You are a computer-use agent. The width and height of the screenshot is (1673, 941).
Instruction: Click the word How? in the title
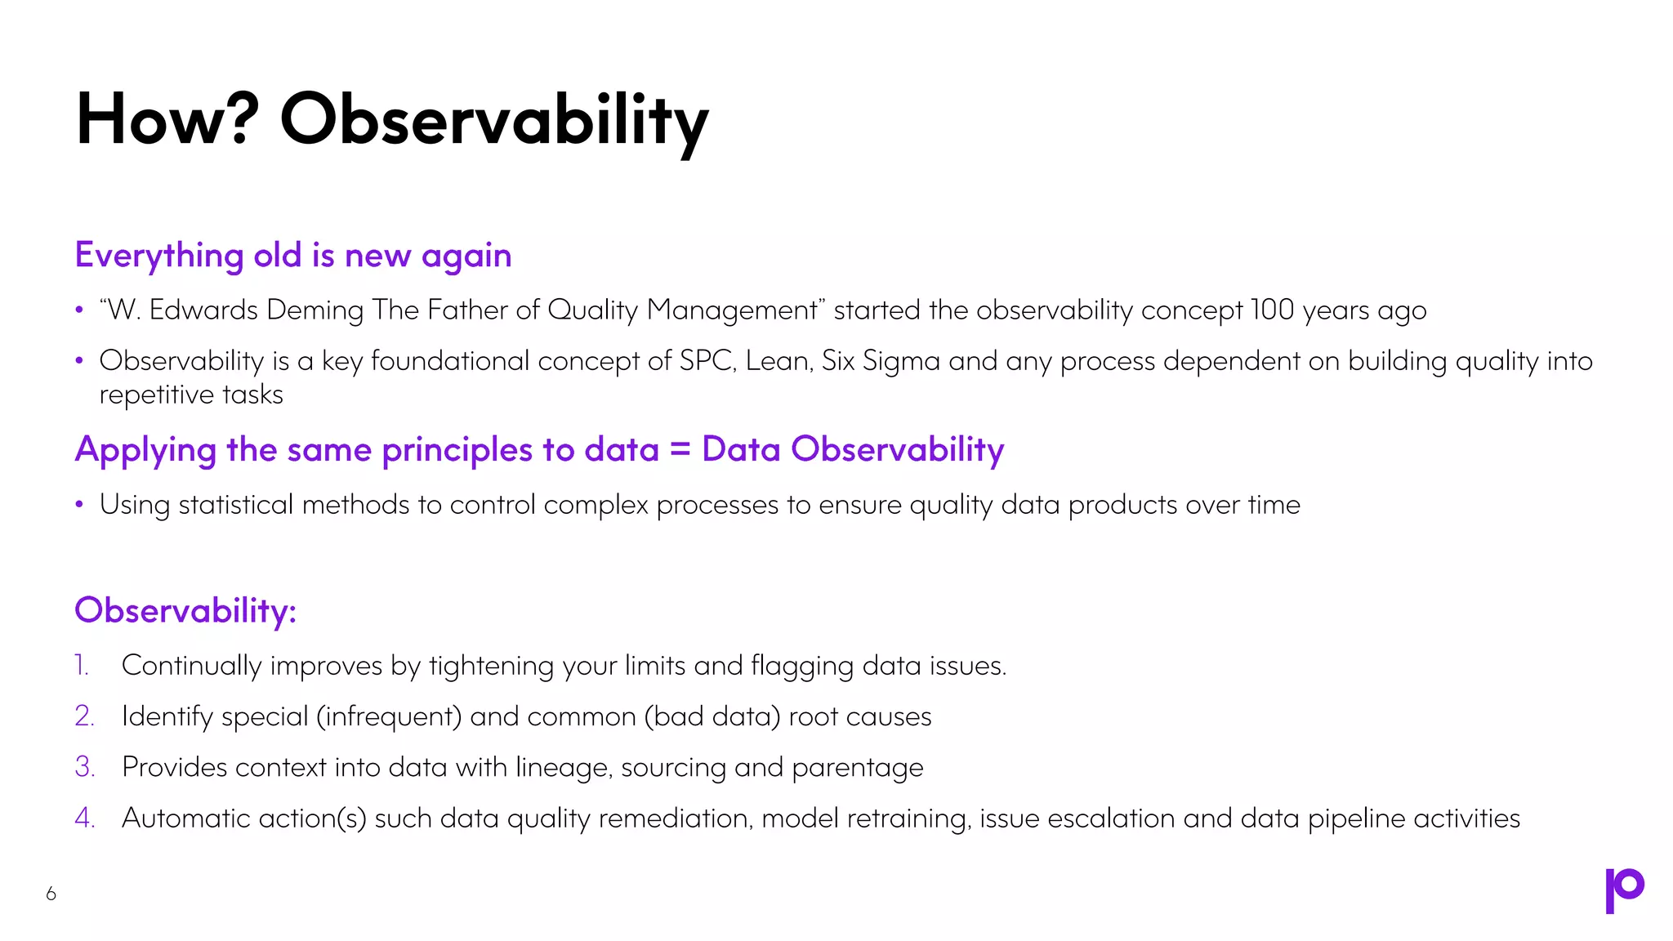[x=167, y=119]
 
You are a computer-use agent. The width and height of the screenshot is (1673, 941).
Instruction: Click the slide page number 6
[x=51, y=894]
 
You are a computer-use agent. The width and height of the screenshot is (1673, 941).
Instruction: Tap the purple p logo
[x=1624, y=890]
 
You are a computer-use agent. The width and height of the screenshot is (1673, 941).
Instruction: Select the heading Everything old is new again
[x=293, y=256]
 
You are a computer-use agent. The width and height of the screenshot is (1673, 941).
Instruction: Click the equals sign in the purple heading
[x=680, y=449]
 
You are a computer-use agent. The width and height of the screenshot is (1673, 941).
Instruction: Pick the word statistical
[x=235, y=505]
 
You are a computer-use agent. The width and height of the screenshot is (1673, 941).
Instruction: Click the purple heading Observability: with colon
[x=185, y=610]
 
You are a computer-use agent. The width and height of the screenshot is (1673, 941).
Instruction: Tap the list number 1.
[x=82, y=666]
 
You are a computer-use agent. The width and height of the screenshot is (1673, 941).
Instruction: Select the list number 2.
[x=84, y=716]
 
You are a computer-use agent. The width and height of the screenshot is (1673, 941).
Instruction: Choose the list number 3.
[x=84, y=767]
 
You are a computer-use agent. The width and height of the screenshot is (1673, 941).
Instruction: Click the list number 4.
[x=85, y=818]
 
